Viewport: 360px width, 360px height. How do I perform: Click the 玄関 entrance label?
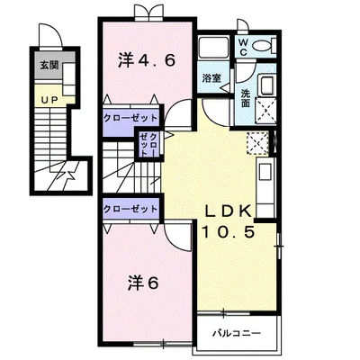point(49,66)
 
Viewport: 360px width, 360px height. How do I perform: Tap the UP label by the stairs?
point(49,101)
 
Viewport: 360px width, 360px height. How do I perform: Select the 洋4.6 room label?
point(147,60)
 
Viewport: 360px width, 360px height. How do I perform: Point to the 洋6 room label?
point(143,283)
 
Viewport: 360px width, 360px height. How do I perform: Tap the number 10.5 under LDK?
point(229,231)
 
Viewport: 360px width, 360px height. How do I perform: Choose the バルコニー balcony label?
point(237,333)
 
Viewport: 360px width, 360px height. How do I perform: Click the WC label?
point(243,48)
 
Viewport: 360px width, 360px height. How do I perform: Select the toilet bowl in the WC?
point(264,46)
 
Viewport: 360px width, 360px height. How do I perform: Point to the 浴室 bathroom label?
point(211,78)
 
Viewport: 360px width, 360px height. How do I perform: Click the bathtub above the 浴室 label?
point(213,47)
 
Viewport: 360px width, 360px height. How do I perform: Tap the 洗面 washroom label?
point(246,99)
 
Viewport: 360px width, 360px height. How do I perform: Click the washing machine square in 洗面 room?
point(265,110)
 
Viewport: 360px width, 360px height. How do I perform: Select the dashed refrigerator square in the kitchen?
point(257,143)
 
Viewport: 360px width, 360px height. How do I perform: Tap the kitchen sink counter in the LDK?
point(265,187)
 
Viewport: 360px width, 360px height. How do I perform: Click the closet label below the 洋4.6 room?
point(130,118)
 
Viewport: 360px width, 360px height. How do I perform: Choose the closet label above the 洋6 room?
point(130,209)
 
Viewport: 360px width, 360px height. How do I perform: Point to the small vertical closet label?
point(148,144)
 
